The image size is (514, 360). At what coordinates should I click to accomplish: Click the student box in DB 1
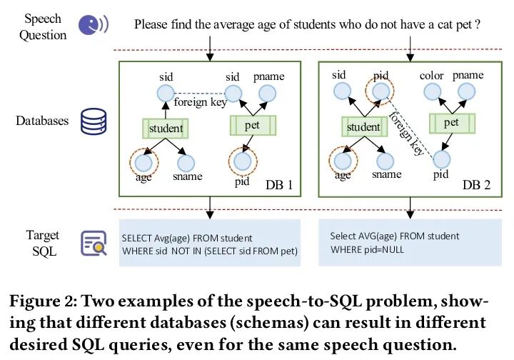point(165,129)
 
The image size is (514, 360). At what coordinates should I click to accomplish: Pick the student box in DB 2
point(363,127)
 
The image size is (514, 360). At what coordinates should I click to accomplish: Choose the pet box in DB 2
point(450,122)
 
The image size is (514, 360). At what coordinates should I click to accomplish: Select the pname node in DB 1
point(268,93)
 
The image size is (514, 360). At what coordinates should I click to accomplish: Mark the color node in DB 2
point(432,92)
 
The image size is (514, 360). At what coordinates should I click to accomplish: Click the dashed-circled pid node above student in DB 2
point(378,91)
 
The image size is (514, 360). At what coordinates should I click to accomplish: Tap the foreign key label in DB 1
point(200,103)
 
